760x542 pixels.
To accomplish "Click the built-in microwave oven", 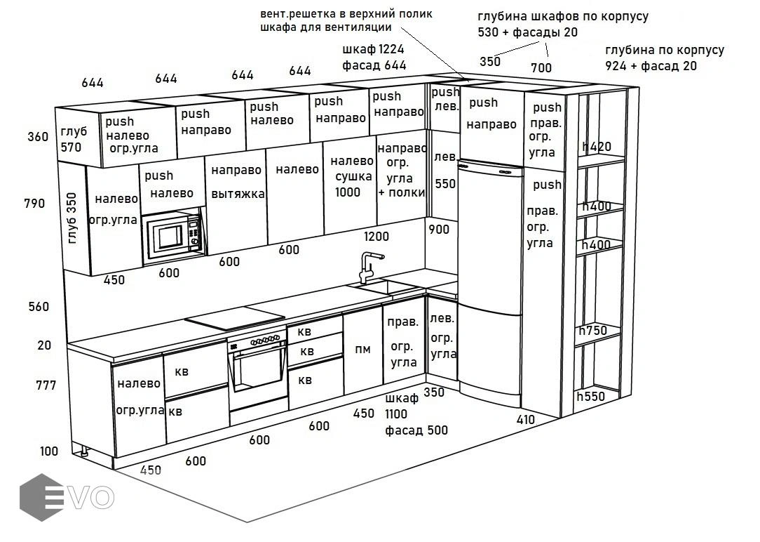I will click(x=173, y=237).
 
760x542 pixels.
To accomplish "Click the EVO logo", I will click(x=67, y=498).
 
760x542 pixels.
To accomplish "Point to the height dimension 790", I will click(x=34, y=204).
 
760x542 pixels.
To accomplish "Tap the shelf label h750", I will click(x=592, y=331).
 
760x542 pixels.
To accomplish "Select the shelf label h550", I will click(x=590, y=397).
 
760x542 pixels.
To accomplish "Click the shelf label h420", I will click(x=597, y=147).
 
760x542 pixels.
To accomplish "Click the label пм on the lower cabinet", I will click(x=362, y=350).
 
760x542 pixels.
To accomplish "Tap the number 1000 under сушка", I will click(x=347, y=192).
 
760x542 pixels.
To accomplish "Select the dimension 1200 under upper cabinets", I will click(x=376, y=236).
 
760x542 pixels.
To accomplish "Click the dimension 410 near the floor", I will click(x=525, y=420).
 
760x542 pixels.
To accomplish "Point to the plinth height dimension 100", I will click(x=49, y=451).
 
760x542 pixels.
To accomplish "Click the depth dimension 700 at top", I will click(x=541, y=68).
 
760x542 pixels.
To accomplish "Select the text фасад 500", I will click(x=416, y=430).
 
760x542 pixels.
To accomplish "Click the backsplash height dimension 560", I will click(x=39, y=307).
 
